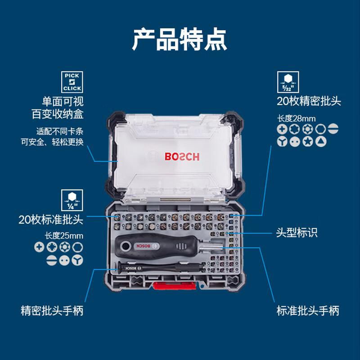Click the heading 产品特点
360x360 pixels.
click(180, 40)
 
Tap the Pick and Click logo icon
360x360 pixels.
click(72, 82)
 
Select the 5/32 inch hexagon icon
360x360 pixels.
click(288, 82)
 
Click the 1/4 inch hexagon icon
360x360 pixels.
click(72, 200)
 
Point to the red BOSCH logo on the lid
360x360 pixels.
click(182, 157)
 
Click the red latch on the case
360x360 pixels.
click(175, 286)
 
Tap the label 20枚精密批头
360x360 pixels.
click(309, 101)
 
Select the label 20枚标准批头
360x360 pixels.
click(51, 220)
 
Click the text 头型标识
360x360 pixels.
click(297, 233)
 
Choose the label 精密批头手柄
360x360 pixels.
click(52, 310)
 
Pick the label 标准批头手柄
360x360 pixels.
click(308, 310)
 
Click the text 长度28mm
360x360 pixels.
click(297, 118)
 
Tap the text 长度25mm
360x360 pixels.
click(64, 236)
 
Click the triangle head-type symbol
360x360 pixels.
click(321, 142)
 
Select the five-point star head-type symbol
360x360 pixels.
click(308, 142)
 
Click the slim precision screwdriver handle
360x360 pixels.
click(161, 268)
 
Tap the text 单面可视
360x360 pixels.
click(63, 101)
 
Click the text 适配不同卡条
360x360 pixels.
click(60, 131)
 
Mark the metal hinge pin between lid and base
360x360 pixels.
click(175, 199)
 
